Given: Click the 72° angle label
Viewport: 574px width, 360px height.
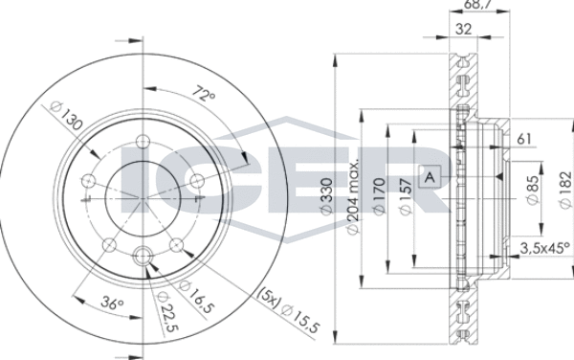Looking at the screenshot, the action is coord(205,94).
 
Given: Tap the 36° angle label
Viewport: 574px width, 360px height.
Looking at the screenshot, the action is coord(113,303).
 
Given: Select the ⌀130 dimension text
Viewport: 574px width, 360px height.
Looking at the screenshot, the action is coord(66,115).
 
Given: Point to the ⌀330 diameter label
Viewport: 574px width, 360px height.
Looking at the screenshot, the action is coord(325,196).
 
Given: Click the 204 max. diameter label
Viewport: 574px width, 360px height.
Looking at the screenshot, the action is coord(352,197).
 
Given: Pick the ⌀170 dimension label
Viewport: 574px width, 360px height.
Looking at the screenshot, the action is coord(379,196).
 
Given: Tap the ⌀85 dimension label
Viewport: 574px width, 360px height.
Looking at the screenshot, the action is coord(533,190).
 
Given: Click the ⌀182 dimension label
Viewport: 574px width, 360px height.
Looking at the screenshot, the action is coord(564,190).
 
